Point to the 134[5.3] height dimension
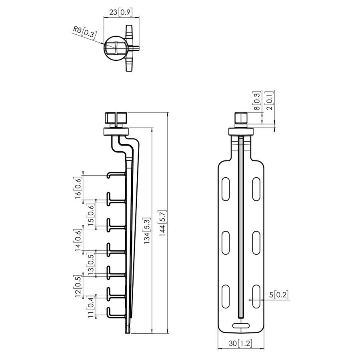[x=148, y=231]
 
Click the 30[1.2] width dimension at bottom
[x=240, y=343]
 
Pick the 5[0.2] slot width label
[x=279, y=295]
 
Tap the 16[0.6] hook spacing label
[x=78, y=187]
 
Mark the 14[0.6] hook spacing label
[x=78, y=240]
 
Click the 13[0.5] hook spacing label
[x=92, y=264]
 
